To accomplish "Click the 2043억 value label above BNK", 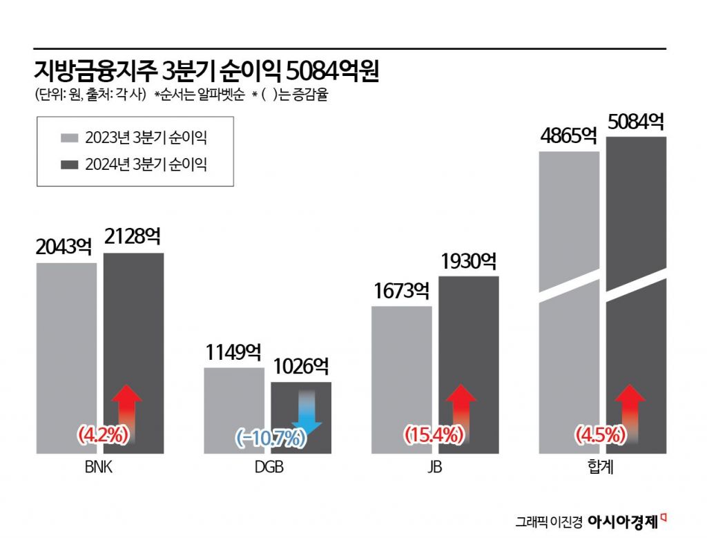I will point(65,246).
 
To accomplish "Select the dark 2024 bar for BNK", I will point(134,332).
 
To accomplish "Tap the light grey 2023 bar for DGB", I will point(234,407).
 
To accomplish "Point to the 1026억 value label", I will point(302,365).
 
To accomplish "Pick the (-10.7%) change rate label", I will point(270,437).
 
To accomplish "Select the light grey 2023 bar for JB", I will point(402,373).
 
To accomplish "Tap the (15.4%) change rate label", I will point(433,435).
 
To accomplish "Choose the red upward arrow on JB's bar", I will point(461,411).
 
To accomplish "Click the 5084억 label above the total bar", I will point(636,122).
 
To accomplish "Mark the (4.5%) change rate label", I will point(600,435).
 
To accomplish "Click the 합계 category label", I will point(602,468).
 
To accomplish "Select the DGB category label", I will point(269,468).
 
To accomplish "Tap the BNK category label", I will point(99,468).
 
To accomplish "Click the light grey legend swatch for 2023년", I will point(70,137).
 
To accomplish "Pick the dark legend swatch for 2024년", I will point(70,165).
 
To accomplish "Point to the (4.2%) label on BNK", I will point(103,435).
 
